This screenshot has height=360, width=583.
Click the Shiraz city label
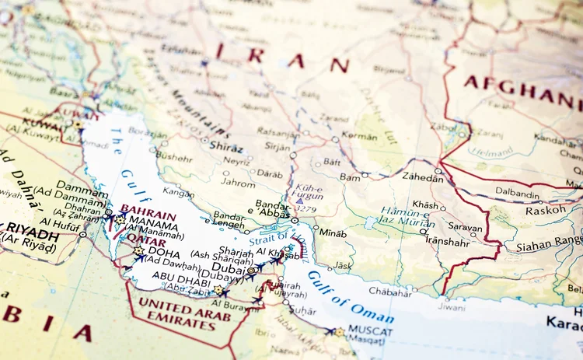pyautogui.click(x=226, y=148)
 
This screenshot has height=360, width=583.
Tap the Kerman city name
pyautogui.click(x=359, y=136)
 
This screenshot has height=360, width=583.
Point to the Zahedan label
pyautogui.click(x=423, y=178)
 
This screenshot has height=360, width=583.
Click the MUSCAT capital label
pyautogui.click(x=371, y=330)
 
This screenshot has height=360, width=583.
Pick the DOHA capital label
pyautogui.click(x=163, y=251)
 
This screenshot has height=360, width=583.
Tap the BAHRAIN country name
pyautogui.click(x=148, y=209)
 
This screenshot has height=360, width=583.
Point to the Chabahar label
pyautogui.click(x=389, y=292)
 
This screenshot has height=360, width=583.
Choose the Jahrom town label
pyautogui.click(x=237, y=183)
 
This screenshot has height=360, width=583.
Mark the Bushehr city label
pyautogui.click(x=173, y=156)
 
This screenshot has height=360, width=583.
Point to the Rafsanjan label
pyautogui.click(x=279, y=131)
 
